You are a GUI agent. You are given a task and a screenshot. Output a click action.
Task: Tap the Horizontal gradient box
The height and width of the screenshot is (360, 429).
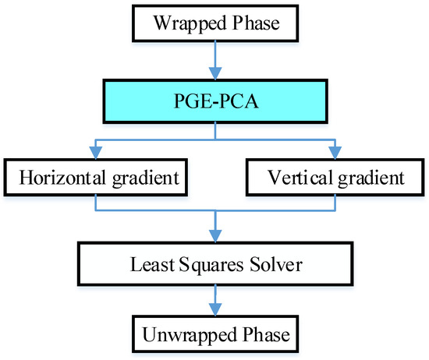(97, 178)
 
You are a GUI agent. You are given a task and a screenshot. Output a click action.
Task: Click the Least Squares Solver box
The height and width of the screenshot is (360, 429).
(214, 266)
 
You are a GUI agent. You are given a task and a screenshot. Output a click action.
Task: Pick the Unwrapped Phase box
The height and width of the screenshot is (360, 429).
(214, 335)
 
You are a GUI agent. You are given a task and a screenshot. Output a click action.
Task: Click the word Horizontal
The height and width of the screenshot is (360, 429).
(59, 178)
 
